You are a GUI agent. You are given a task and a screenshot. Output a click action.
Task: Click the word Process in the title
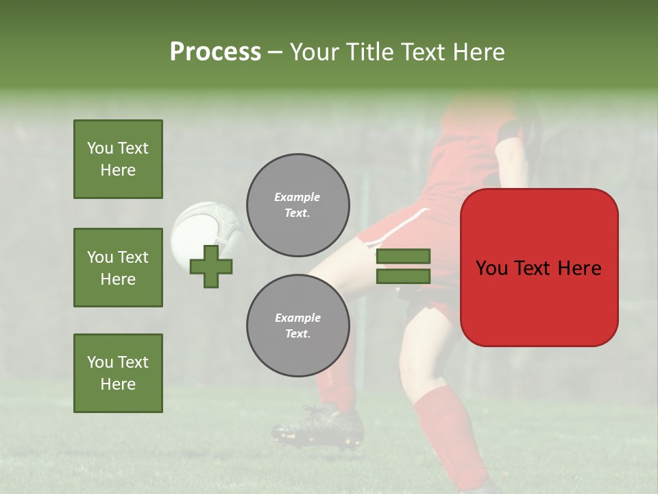[215, 52]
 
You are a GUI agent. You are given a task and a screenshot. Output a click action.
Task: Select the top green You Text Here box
[118, 159]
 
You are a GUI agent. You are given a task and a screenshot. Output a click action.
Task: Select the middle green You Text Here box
[118, 268]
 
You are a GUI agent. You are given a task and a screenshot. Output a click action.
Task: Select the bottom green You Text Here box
[118, 373]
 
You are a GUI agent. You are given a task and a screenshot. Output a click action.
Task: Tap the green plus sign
[211, 267]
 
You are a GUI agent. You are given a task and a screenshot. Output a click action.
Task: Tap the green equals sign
[403, 266]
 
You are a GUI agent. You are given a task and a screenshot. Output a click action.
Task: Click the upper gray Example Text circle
[297, 205]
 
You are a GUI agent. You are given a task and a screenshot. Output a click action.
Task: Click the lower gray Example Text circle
[297, 325]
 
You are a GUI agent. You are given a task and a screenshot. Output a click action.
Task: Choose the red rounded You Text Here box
[539, 268]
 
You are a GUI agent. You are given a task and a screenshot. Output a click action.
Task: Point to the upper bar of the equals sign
[403, 257]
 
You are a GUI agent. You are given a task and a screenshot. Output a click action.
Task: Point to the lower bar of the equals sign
[403, 276]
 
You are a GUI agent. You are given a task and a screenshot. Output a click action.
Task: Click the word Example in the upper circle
[297, 197]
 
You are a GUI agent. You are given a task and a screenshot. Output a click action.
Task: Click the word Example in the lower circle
[297, 318]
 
